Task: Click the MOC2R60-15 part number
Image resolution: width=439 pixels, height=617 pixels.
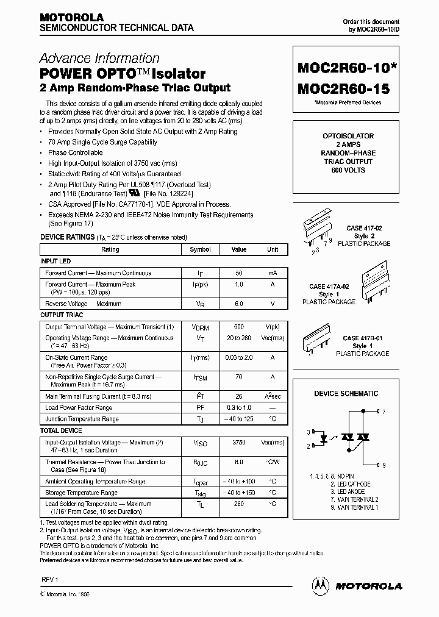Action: click(343, 88)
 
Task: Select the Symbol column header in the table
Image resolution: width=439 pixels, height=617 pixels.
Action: click(200, 249)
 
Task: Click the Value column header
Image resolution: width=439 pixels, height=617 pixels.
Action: click(239, 249)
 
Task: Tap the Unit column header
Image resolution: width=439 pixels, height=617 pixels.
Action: click(273, 249)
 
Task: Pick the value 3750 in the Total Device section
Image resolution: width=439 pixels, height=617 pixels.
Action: click(239, 443)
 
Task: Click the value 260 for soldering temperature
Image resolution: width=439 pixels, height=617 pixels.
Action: click(239, 504)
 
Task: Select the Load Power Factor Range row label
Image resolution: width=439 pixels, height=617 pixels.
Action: click(79, 407)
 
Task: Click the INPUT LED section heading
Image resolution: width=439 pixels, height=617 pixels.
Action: click(55, 261)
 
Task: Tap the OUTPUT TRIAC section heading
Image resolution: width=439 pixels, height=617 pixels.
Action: click(62, 315)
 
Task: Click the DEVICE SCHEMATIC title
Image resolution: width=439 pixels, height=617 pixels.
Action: click(346, 394)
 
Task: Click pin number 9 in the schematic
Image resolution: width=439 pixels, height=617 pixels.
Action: click(384, 465)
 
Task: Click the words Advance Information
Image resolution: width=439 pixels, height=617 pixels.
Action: click(99, 59)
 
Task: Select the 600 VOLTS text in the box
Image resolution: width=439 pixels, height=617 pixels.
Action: click(348, 170)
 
